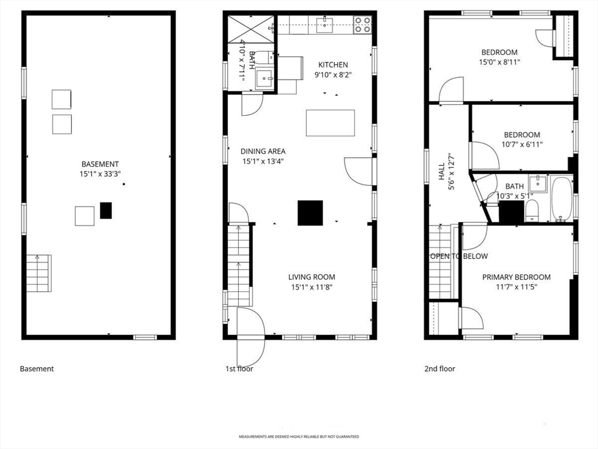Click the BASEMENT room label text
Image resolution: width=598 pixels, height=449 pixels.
coord(100,164)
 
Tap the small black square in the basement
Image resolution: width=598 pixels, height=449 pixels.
coord(106,210)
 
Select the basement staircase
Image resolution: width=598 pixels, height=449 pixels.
coord(39,273)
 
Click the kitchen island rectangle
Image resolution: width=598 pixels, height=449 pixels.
coord(330,123)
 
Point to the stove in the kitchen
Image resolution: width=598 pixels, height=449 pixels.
coord(362,24)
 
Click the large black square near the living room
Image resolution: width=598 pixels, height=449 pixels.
coord(310,213)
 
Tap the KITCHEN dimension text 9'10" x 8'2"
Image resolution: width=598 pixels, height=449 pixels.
coord(333,74)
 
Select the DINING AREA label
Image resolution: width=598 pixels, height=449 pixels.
coord(263,151)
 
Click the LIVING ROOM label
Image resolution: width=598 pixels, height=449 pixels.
coord(311,277)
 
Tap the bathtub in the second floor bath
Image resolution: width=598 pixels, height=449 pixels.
coord(561,198)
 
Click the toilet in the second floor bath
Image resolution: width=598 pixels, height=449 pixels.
coord(532,211)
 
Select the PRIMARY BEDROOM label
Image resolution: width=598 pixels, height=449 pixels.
coord(516,277)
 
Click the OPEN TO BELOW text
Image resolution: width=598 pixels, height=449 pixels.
coord(458,256)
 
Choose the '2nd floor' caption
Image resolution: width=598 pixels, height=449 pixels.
coord(439,369)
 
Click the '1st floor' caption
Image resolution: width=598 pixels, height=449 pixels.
coord(239,369)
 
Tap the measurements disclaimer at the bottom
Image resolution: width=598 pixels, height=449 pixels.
coord(298,437)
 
